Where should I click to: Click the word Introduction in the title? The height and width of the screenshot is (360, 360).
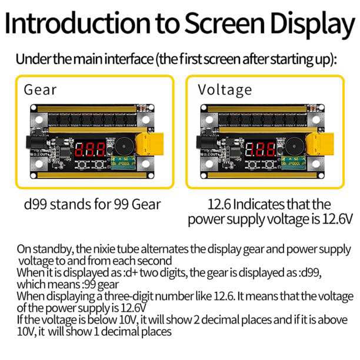click(78, 23)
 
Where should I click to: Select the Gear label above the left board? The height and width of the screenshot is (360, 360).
click(40, 89)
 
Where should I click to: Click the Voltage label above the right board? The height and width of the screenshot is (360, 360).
click(225, 90)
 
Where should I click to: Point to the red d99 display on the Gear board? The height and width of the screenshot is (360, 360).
click(90, 149)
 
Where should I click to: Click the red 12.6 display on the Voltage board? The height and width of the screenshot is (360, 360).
click(261, 149)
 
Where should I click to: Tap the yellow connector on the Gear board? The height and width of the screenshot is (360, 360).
click(149, 144)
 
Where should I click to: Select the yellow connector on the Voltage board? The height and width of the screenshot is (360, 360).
click(320, 144)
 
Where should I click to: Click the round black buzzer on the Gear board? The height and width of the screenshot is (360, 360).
click(124, 146)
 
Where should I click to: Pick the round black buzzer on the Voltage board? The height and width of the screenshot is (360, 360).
click(294, 146)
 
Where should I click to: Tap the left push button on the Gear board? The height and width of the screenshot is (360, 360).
click(81, 164)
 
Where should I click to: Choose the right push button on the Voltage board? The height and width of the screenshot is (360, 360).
click(269, 164)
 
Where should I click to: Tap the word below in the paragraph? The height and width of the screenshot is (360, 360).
click(102, 320)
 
